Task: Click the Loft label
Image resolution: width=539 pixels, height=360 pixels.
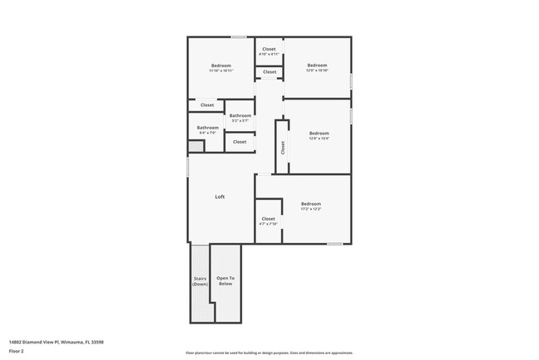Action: point(220,197)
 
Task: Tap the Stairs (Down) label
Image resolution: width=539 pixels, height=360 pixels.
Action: point(200,281)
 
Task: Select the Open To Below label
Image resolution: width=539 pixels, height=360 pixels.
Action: point(225,281)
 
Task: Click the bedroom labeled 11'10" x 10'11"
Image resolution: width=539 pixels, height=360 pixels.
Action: point(221,68)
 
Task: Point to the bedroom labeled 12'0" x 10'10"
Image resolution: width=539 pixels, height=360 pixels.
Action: point(318,68)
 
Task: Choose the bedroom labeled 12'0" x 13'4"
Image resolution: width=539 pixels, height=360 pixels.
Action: point(319,135)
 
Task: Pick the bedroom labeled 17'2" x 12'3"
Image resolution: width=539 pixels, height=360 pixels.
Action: point(311,207)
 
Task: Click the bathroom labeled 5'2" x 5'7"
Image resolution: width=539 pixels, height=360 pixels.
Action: point(240,118)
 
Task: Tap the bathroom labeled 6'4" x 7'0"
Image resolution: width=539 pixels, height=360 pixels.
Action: point(207,130)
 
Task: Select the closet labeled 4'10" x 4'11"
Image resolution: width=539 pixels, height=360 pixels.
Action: point(269,51)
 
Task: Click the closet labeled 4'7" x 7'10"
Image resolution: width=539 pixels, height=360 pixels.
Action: point(268,221)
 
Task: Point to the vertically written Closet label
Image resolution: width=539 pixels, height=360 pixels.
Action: point(283,148)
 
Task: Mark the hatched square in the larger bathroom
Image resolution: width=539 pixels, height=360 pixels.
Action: point(196,147)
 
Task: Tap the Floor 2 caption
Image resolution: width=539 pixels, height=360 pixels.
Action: point(17,352)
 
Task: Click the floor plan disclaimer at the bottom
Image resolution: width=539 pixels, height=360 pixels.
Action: point(269,353)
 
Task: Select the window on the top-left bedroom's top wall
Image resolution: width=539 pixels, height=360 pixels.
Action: point(238,36)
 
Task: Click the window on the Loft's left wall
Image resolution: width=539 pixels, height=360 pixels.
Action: point(188,167)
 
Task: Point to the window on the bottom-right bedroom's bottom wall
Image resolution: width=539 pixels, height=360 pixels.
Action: point(334,244)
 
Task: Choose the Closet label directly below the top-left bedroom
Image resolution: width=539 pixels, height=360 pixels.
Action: point(207,105)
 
